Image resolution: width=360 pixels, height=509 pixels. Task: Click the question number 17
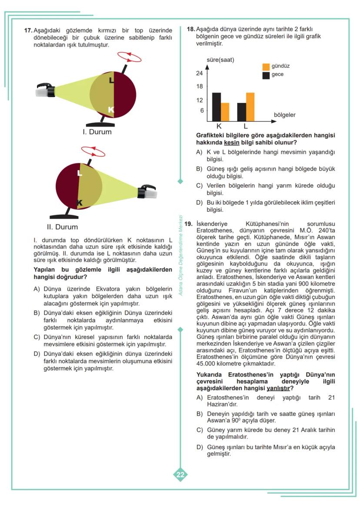[28, 31]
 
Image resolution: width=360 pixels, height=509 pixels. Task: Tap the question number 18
[190, 29]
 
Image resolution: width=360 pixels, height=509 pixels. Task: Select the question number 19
[188, 224]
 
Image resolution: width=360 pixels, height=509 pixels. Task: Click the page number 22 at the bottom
[180, 475]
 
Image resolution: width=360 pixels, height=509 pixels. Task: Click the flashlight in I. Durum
[45, 91]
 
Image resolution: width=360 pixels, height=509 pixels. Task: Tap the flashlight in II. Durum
[147, 191]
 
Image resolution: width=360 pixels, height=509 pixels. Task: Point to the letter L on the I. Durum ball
[112, 80]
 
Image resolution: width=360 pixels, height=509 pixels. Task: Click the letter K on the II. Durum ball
[80, 203]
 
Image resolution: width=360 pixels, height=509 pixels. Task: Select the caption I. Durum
[97, 132]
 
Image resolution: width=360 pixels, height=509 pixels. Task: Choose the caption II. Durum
[62, 227]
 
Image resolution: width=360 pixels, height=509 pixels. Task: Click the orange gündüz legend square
[266, 67]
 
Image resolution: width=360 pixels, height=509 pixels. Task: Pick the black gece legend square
[266, 75]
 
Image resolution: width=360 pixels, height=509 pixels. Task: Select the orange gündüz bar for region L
[250, 107]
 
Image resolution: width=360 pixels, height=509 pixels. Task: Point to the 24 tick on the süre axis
[200, 73]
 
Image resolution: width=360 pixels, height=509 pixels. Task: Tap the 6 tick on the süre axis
[201, 111]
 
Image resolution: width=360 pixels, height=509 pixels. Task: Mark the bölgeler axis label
[284, 115]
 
